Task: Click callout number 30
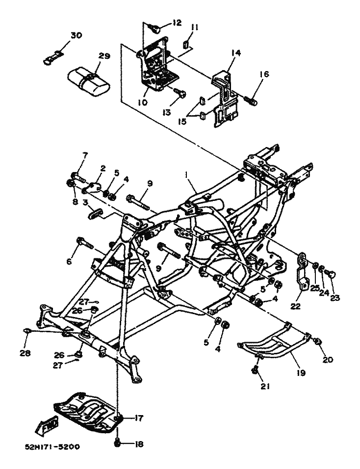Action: point(76,36)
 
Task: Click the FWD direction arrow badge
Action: point(47,424)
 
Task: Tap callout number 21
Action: point(265,387)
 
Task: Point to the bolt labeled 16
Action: point(252,100)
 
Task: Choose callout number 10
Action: point(143,102)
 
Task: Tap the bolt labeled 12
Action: point(156,29)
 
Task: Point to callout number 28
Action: point(25,353)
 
